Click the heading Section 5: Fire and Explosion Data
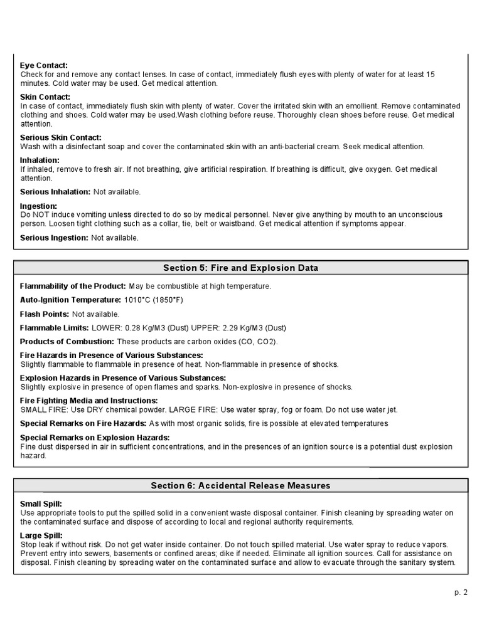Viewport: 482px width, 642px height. click(x=240, y=268)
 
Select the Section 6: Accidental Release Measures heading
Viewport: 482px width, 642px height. click(x=240, y=486)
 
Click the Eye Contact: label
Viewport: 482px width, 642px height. click(x=44, y=65)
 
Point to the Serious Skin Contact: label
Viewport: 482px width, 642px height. click(x=60, y=137)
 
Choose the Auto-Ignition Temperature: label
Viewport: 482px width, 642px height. click(x=70, y=300)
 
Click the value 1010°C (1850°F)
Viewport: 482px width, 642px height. click(x=154, y=300)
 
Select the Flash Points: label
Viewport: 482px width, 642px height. click(x=45, y=314)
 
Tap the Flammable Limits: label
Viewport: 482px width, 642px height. click(x=55, y=328)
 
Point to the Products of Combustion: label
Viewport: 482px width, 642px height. click(x=67, y=342)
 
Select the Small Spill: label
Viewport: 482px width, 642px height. click(x=41, y=504)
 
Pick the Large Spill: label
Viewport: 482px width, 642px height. click(x=41, y=535)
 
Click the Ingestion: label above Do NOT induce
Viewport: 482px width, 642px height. click(x=39, y=206)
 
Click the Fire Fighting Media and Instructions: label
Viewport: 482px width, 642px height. click(x=88, y=401)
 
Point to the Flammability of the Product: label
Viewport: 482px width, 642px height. click(x=73, y=287)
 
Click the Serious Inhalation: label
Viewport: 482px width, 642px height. click(x=55, y=192)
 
